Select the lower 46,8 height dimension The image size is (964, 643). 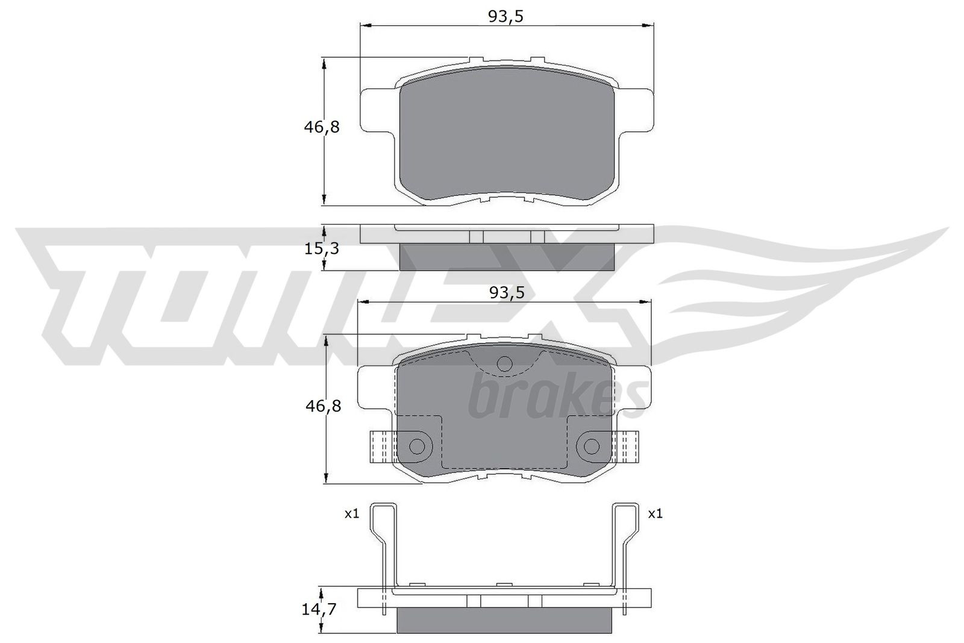(324, 406)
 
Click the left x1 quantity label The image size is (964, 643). (351, 514)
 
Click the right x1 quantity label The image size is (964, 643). (655, 514)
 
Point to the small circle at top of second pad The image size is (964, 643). (505, 363)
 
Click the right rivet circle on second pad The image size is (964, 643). (592, 447)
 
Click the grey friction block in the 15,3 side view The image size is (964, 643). (507, 257)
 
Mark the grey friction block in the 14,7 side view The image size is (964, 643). (505, 621)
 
